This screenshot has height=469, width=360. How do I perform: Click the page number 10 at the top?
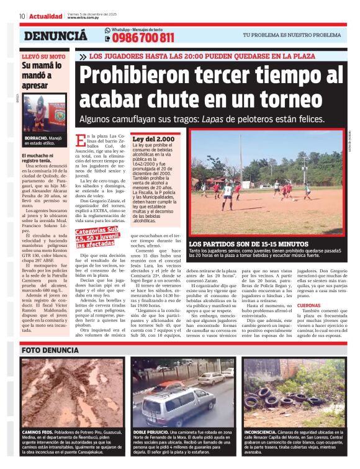point(22,16)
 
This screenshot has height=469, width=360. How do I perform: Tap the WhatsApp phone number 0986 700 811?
point(143,38)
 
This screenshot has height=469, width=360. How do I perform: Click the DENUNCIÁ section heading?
point(55,36)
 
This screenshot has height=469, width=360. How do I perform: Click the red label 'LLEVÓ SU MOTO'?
point(43,56)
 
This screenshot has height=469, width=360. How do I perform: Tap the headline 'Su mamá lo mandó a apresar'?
point(43,75)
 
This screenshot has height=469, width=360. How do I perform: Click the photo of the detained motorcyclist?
point(44,113)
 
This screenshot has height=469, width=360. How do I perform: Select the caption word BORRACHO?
point(36,138)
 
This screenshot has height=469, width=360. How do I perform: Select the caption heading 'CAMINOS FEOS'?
point(37,431)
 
